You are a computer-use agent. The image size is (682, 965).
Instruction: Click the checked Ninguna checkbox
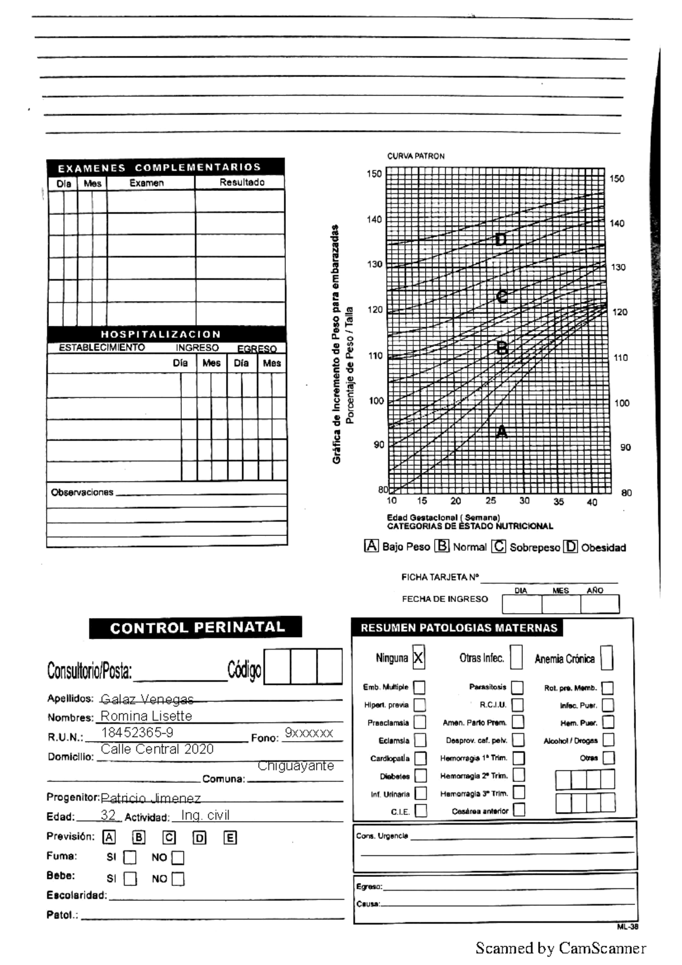(418, 658)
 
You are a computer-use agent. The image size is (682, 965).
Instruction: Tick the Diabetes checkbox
(420, 776)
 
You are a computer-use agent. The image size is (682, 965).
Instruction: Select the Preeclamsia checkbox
(420, 722)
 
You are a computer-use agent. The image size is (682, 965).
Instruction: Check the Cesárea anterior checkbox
(519, 810)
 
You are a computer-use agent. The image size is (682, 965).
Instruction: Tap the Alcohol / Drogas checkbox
(608, 740)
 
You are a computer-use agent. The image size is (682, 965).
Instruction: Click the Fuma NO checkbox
(178, 858)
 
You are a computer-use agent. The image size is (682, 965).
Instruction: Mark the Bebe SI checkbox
(130, 879)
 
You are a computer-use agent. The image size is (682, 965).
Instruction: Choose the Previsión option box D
(199, 838)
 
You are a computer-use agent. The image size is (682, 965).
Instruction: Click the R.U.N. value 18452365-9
(137, 733)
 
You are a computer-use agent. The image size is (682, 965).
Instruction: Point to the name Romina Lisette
(146, 716)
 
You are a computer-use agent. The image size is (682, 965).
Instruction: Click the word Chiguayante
(296, 766)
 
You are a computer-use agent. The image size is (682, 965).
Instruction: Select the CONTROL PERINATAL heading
(196, 627)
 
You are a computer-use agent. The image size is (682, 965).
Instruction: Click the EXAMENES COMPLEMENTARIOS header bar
(165, 167)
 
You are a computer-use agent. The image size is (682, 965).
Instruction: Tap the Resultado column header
(242, 182)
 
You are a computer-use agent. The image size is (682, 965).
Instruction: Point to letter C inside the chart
(501, 297)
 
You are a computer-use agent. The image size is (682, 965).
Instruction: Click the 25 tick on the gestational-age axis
(490, 501)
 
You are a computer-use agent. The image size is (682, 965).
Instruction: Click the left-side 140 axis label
(374, 219)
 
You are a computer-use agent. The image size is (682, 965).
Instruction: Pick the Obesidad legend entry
(602, 547)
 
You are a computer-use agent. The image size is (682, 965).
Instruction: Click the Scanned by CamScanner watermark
(560, 948)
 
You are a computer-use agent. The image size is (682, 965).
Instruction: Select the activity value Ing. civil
(205, 816)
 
